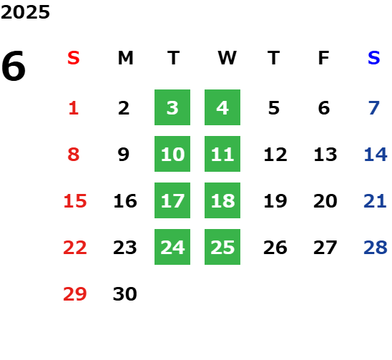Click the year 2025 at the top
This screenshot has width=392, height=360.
pyautogui.click(x=25, y=12)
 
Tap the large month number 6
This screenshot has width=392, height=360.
pyautogui.click(x=14, y=66)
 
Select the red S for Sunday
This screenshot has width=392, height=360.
pyautogui.click(x=74, y=58)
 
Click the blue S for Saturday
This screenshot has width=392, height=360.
pyautogui.click(x=374, y=58)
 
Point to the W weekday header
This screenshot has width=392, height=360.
pyautogui.click(x=227, y=58)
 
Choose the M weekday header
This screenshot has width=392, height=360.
pyautogui.click(x=125, y=58)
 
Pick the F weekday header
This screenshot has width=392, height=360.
pyautogui.click(x=324, y=58)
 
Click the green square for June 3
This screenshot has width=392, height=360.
pyautogui.click(x=172, y=107)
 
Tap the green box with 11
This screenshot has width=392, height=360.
pyautogui.click(x=222, y=154)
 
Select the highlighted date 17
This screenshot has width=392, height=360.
pyautogui.click(x=172, y=200)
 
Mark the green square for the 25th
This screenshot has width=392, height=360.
pyautogui.click(x=222, y=247)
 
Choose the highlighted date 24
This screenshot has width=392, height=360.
pyautogui.click(x=172, y=247)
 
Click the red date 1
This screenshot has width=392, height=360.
pyautogui.click(x=74, y=108)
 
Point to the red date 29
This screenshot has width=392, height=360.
pyautogui.click(x=75, y=294)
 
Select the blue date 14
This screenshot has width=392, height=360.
pyautogui.click(x=376, y=155)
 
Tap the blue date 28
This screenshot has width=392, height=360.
pyautogui.click(x=376, y=248)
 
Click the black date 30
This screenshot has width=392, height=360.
pyautogui.click(x=125, y=294)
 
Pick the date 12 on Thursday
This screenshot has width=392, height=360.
pyautogui.click(x=275, y=155)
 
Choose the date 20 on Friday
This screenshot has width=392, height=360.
pyautogui.click(x=325, y=201)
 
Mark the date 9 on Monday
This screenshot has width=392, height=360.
pyautogui.click(x=124, y=155)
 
